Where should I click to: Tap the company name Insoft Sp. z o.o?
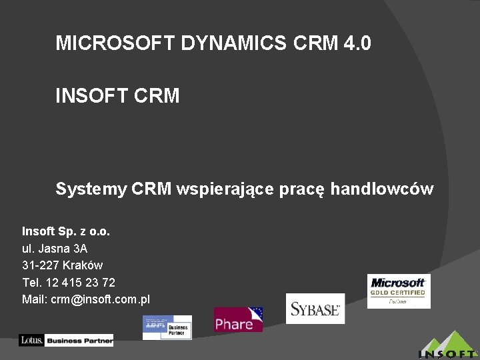click(66, 231)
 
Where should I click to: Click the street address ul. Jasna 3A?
click(55, 248)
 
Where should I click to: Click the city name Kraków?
click(83, 265)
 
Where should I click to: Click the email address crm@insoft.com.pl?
click(100, 299)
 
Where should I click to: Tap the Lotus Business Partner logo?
click(66, 340)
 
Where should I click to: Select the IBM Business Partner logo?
click(167, 327)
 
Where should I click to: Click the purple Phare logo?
click(238, 320)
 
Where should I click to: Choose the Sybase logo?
click(315, 309)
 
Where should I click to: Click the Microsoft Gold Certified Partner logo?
click(399, 291)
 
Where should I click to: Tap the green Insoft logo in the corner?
click(448, 345)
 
